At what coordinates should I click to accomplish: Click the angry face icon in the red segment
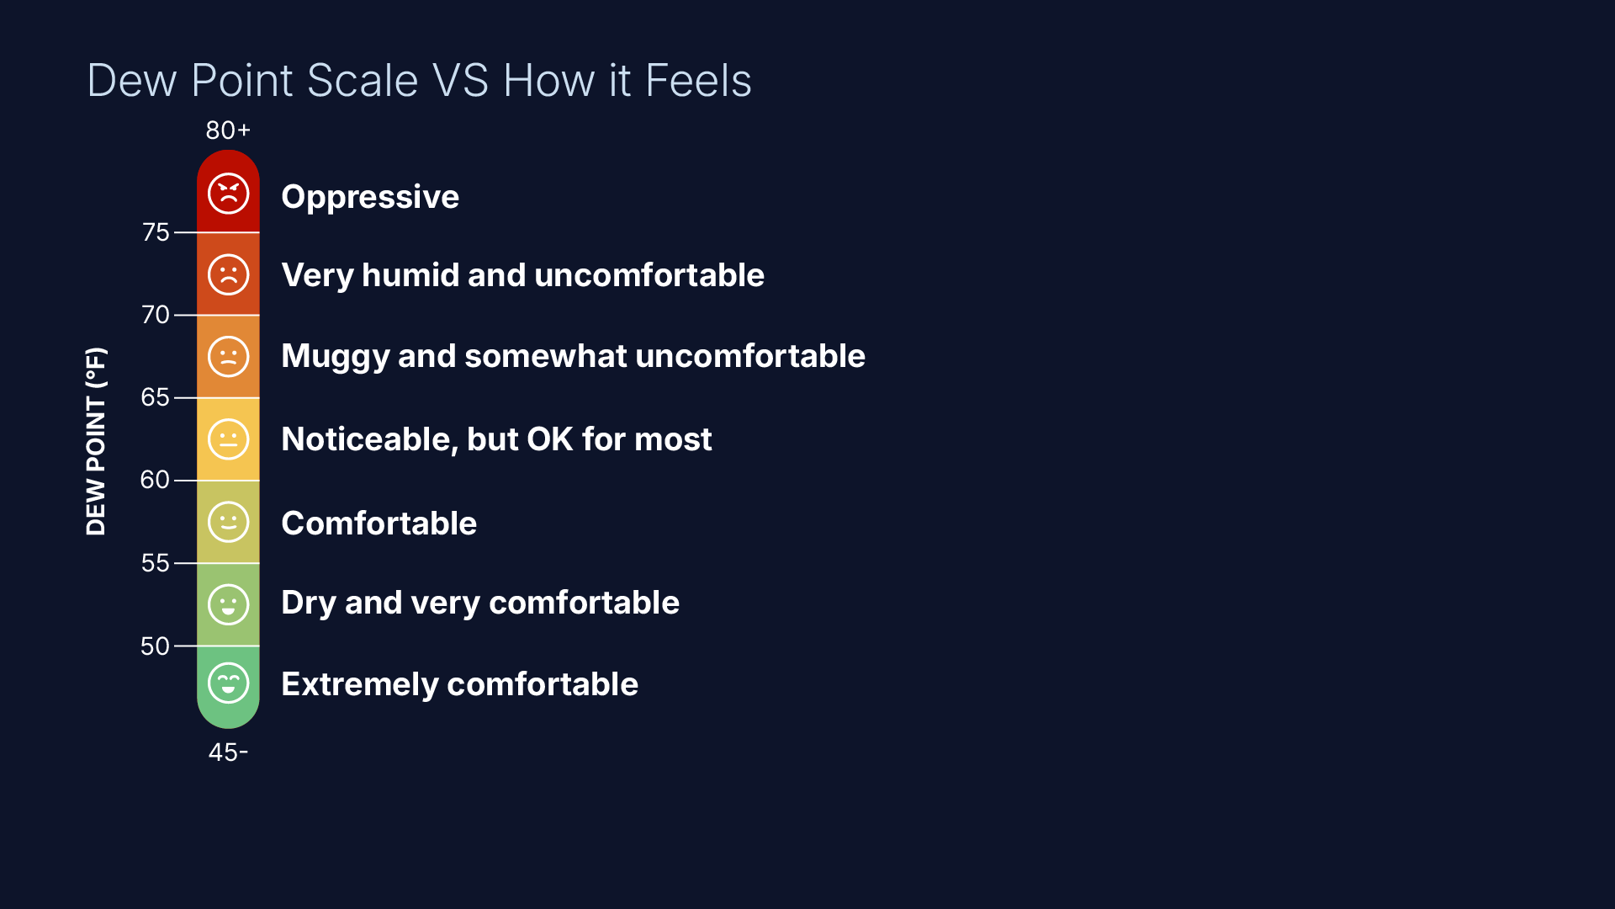pos(228,194)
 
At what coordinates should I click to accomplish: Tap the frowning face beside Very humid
pos(228,274)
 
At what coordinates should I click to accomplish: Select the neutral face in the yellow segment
pos(228,439)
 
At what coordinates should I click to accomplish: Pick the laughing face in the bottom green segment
pos(228,683)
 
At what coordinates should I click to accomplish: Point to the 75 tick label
pos(156,232)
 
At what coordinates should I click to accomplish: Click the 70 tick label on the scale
pos(156,315)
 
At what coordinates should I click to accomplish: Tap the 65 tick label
pos(156,397)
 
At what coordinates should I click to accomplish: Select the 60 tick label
pos(156,480)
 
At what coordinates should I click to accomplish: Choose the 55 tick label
pos(156,563)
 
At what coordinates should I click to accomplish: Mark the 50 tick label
pos(156,646)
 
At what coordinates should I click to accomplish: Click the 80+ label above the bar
pos(228,130)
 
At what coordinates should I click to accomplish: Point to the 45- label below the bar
pos(228,752)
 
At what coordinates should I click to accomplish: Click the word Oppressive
pos(370,197)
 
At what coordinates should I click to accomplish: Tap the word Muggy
pos(335,357)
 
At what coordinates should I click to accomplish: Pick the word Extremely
pos(359,685)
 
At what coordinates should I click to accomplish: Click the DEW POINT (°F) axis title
pos(96,441)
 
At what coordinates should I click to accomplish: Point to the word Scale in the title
pos(363,81)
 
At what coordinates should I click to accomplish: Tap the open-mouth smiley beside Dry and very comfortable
pos(228,604)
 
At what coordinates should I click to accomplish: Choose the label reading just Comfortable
pos(379,524)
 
